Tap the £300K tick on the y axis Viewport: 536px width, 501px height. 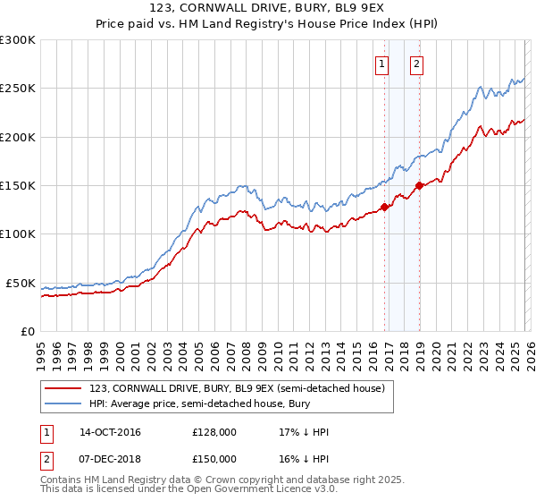click(x=18, y=40)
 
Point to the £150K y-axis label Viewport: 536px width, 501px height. click(x=18, y=185)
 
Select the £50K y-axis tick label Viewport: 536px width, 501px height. click(x=21, y=283)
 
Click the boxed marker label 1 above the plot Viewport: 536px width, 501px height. click(x=382, y=64)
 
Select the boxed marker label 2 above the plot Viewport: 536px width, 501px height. click(x=417, y=64)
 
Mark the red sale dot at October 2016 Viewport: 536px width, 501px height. click(x=385, y=207)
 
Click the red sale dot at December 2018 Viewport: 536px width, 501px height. click(x=419, y=185)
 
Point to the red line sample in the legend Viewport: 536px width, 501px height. click(x=63, y=388)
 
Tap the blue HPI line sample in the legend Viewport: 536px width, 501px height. click(x=63, y=404)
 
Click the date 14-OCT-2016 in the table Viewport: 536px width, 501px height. click(x=111, y=433)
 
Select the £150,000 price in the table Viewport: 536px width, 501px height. click(x=214, y=459)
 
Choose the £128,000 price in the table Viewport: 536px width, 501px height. click(x=214, y=433)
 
